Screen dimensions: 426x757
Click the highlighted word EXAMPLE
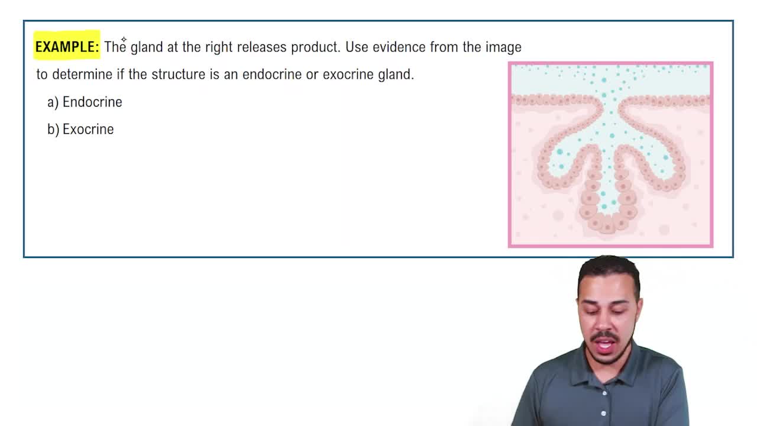[x=66, y=47]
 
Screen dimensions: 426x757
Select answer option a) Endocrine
[x=85, y=102]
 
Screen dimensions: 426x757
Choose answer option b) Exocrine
[x=80, y=129]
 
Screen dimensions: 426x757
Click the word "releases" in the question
[x=261, y=47]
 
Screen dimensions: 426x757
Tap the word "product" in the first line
[x=315, y=47]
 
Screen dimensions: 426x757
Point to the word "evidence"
[x=399, y=47]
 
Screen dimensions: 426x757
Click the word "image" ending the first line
[x=503, y=47]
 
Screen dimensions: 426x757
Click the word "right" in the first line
[x=218, y=47]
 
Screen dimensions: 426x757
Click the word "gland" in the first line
[x=146, y=47]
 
